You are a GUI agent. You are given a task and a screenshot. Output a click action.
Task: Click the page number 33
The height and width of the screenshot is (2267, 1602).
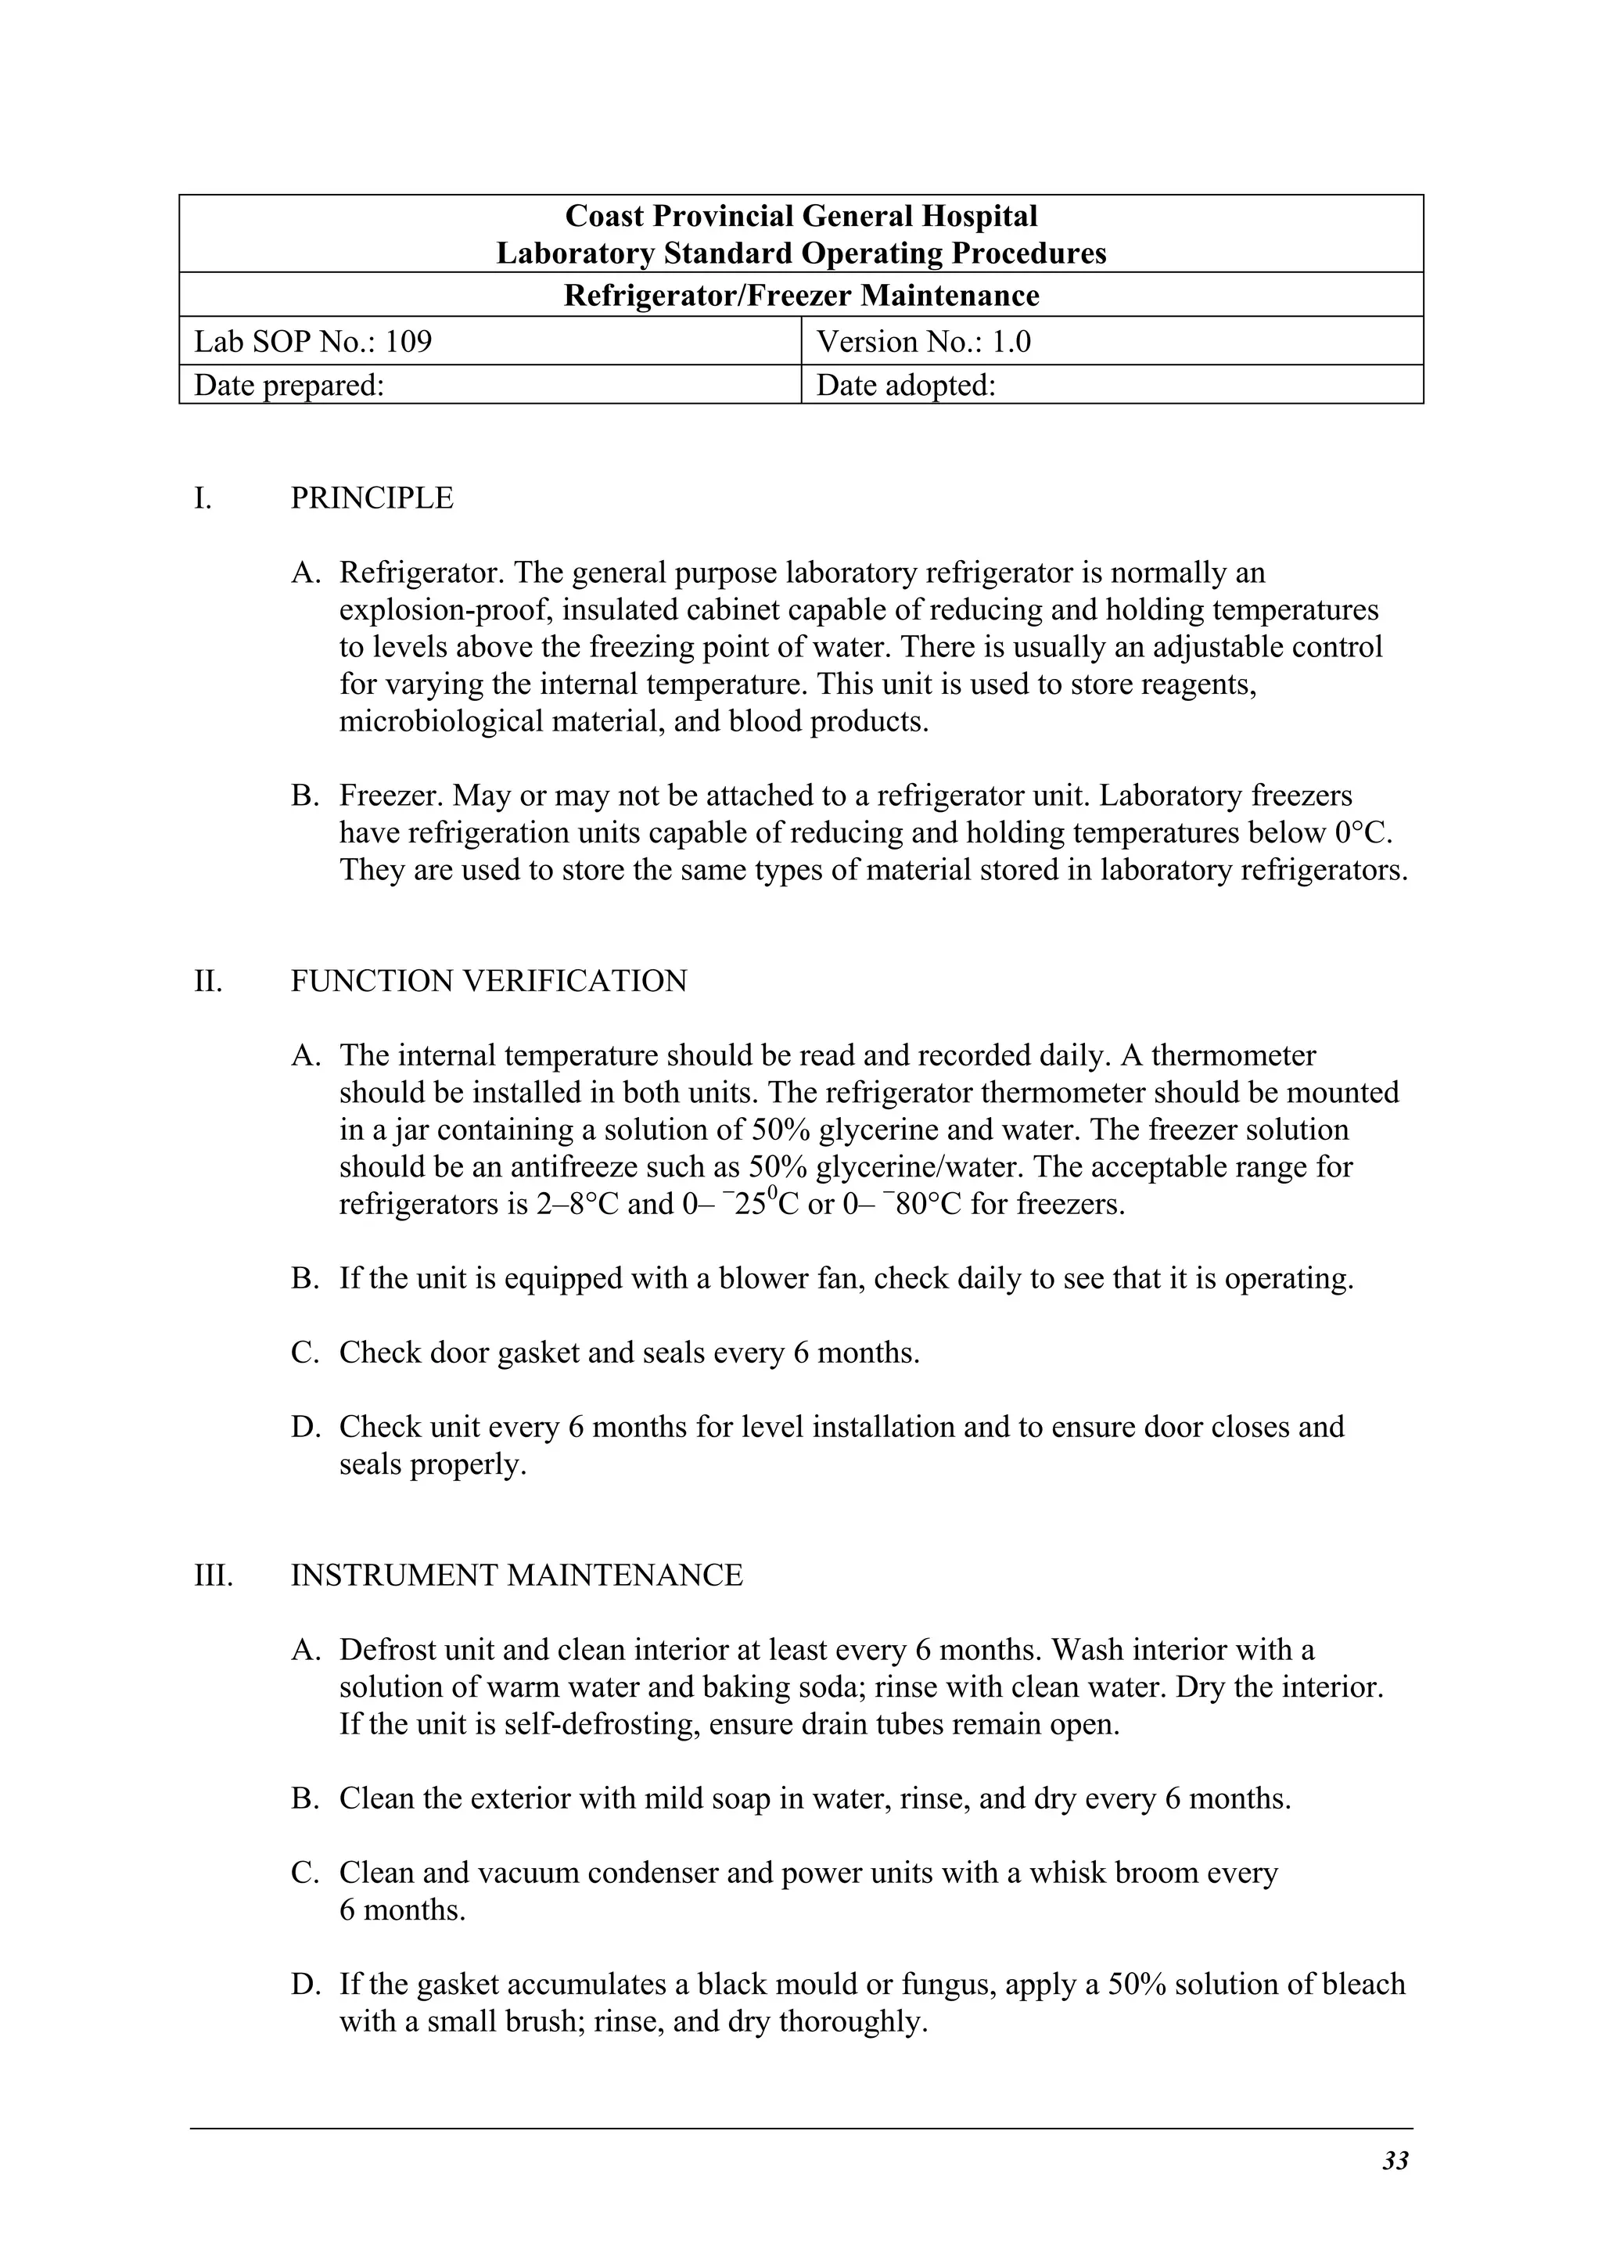click(1395, 2161)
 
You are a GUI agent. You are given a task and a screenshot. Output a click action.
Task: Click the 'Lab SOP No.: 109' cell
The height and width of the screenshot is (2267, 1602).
click(313, 342)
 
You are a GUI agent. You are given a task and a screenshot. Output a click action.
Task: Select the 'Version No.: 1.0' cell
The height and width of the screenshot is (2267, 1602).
click(923, 342)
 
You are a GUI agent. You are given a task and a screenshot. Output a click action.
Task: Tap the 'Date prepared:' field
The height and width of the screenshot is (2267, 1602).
click(288, 385)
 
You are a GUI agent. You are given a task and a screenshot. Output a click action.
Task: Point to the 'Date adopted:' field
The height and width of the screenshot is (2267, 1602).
click(905, 385)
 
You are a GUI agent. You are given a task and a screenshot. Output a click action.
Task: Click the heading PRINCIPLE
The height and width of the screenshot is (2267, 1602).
click(372, 498)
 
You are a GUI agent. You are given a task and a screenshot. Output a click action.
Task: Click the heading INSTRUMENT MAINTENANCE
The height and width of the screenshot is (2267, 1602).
click(516, 1575)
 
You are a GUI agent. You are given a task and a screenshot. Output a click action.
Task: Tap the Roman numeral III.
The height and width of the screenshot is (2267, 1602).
click(214, 1575)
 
